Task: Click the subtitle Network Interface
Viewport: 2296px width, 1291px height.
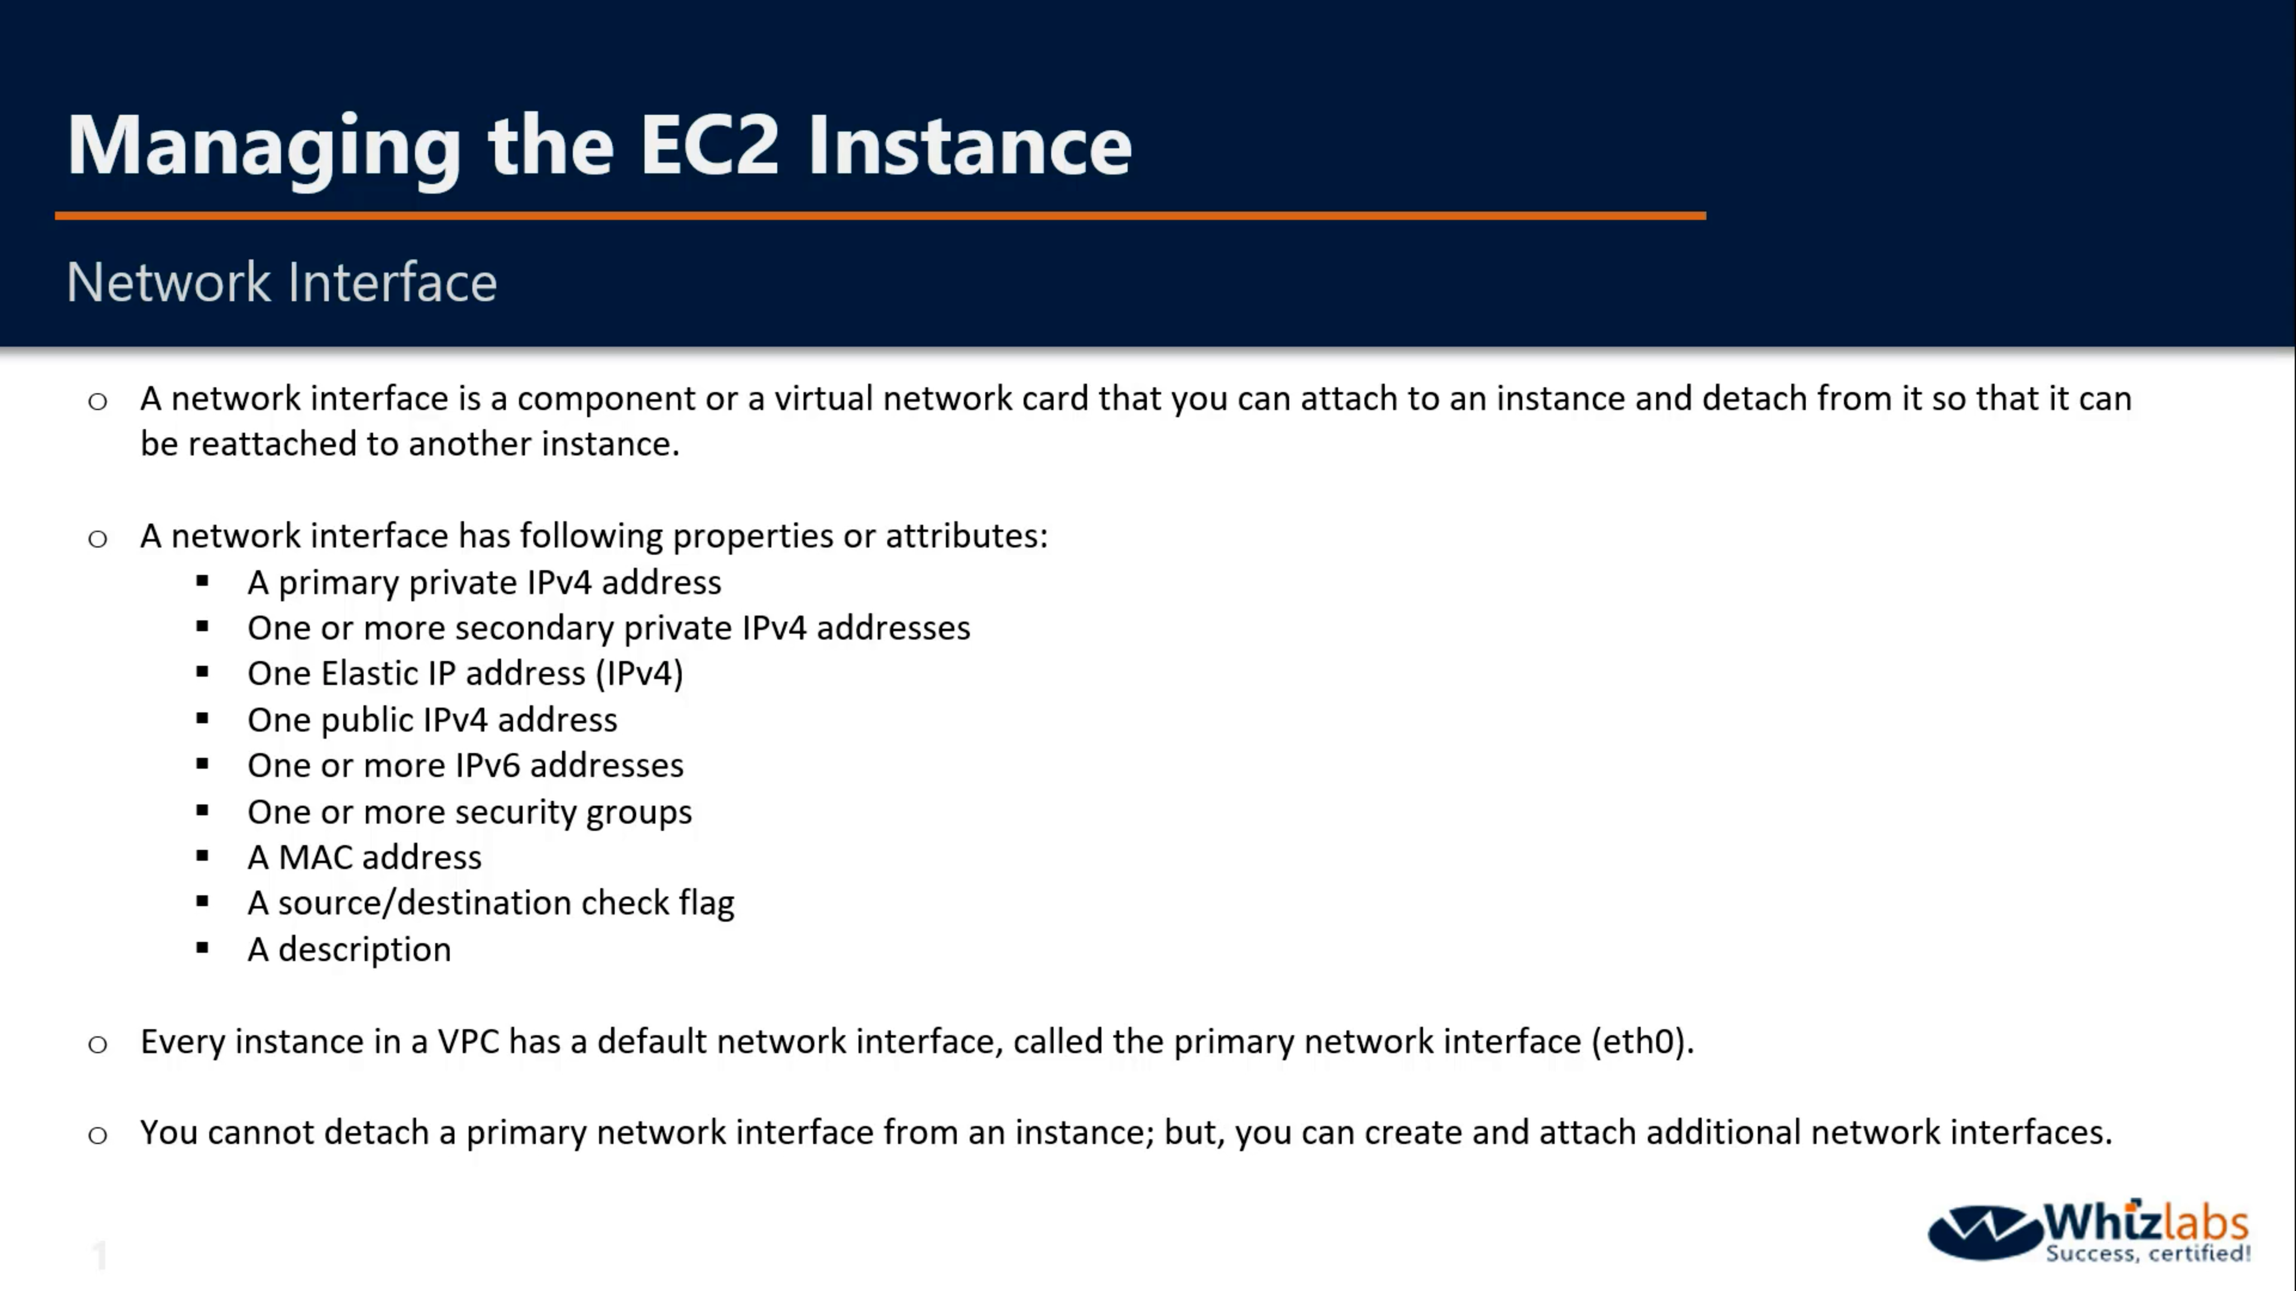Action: point(282,283)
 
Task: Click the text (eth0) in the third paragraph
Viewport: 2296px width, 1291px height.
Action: point(1642,1042)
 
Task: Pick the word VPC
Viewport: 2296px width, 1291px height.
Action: point(468,1042)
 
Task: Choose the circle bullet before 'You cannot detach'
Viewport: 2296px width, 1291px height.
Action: point(98,1135)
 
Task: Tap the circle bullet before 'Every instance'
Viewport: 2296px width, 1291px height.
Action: point(98,1044)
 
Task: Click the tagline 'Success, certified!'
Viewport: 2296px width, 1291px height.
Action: point(2148,1253)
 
